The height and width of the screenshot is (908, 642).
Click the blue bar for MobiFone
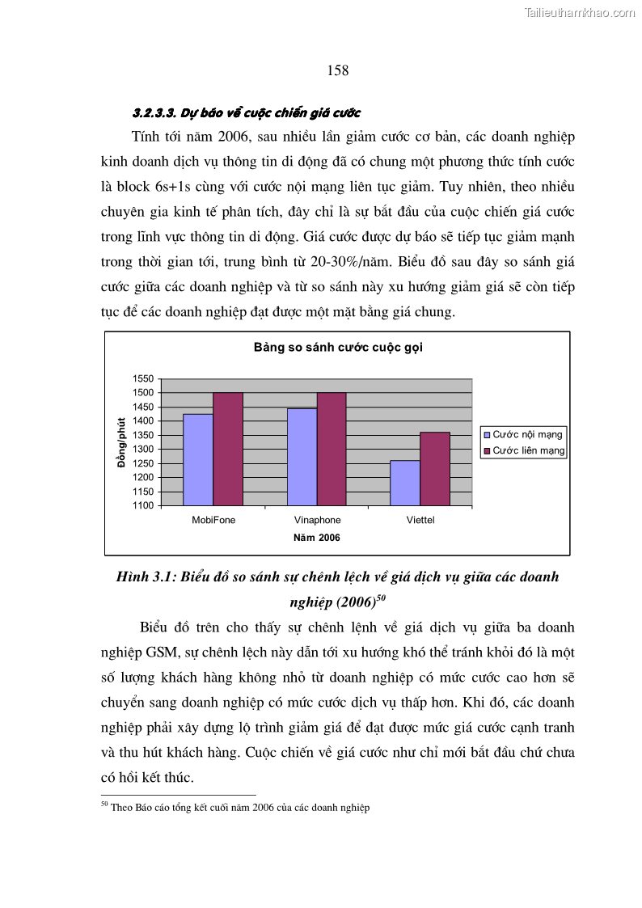pos(198,459)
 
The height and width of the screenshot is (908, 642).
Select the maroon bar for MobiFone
pos(228,449)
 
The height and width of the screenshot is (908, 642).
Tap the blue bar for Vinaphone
pos(302,457)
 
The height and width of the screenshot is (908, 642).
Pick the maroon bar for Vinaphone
pos(332,449)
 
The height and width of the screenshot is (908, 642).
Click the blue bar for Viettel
pos(405,483)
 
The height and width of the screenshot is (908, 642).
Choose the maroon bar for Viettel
pos(435,469)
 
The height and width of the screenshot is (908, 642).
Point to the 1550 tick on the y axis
pos(143,378)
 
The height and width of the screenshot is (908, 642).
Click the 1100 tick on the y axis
pos(143,506)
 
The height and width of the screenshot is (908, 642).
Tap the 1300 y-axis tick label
pos(143,450)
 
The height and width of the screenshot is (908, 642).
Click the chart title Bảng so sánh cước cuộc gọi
pos(338,348)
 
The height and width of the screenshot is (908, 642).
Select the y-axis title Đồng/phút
pos(121,441)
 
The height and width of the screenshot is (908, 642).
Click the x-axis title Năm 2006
pos(316,538)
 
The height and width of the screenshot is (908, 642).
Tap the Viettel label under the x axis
pos(420,521)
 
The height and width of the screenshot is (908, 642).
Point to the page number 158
pos(338,71)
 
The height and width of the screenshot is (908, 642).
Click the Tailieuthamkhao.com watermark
pos(579,12)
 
